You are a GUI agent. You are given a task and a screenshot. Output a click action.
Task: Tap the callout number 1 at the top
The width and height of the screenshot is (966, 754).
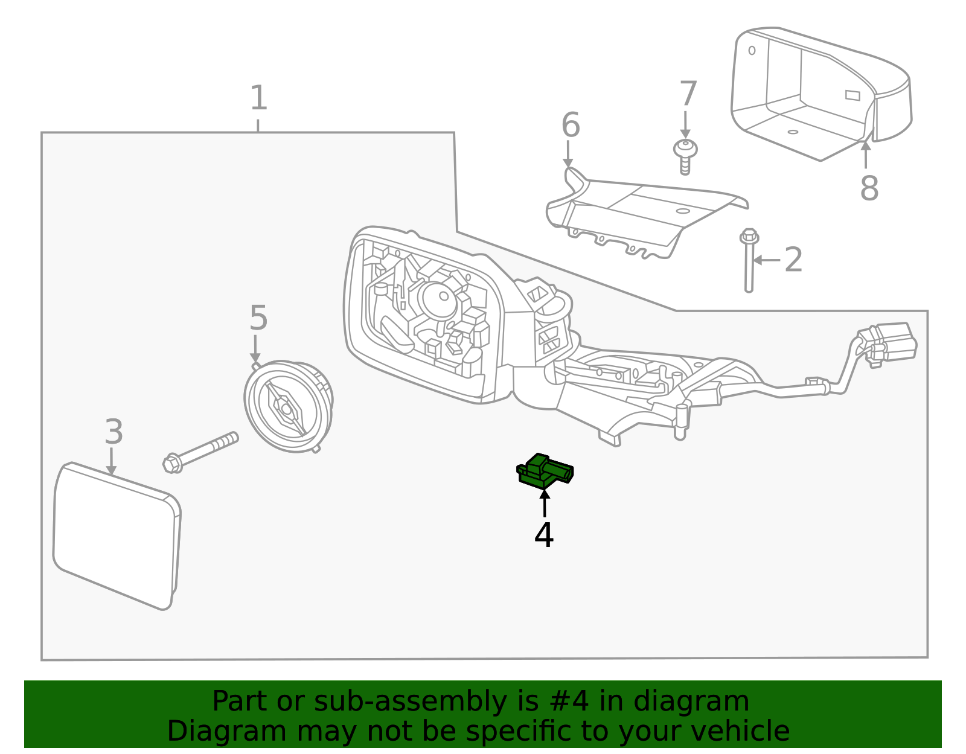tap(258, 98)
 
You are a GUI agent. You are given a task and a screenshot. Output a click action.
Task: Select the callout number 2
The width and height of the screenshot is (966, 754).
tap(793, 260)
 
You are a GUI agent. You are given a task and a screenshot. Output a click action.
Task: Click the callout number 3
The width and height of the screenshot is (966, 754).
tap(114, 432)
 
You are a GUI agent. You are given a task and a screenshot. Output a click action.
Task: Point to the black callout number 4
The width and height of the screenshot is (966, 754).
tap(543, 535)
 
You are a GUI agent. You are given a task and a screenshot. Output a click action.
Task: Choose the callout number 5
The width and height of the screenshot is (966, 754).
tap(258, 318)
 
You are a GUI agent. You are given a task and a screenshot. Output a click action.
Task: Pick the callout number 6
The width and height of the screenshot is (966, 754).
tap(570, 126)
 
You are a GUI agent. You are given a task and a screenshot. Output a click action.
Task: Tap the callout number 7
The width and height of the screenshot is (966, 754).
tap(688, 94)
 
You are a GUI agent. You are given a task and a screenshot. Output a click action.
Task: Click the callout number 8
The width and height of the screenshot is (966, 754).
tap(868, 188)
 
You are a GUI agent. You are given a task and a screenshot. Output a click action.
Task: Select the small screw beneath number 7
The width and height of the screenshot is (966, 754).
tap(685, 155)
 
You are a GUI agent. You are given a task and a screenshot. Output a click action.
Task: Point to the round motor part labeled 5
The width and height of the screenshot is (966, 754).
tap(289, 406)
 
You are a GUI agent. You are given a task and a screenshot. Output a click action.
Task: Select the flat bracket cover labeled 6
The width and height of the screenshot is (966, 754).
tap(646, 214)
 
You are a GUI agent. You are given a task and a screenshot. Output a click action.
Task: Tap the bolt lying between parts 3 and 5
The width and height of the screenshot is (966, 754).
tap(200, 452)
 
